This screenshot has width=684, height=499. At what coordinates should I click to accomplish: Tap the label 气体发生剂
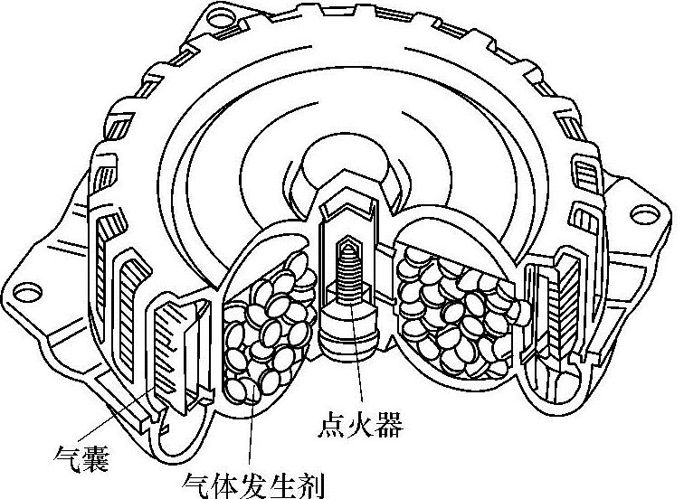coord(252,483)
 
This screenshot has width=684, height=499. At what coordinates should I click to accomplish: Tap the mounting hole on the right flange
coord(641,213)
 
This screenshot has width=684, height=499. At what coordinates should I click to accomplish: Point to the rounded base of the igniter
coord(348,339)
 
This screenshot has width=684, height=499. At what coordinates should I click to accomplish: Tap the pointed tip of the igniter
coord(347,241)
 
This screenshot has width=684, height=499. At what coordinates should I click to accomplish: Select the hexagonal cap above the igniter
coord(348,194)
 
